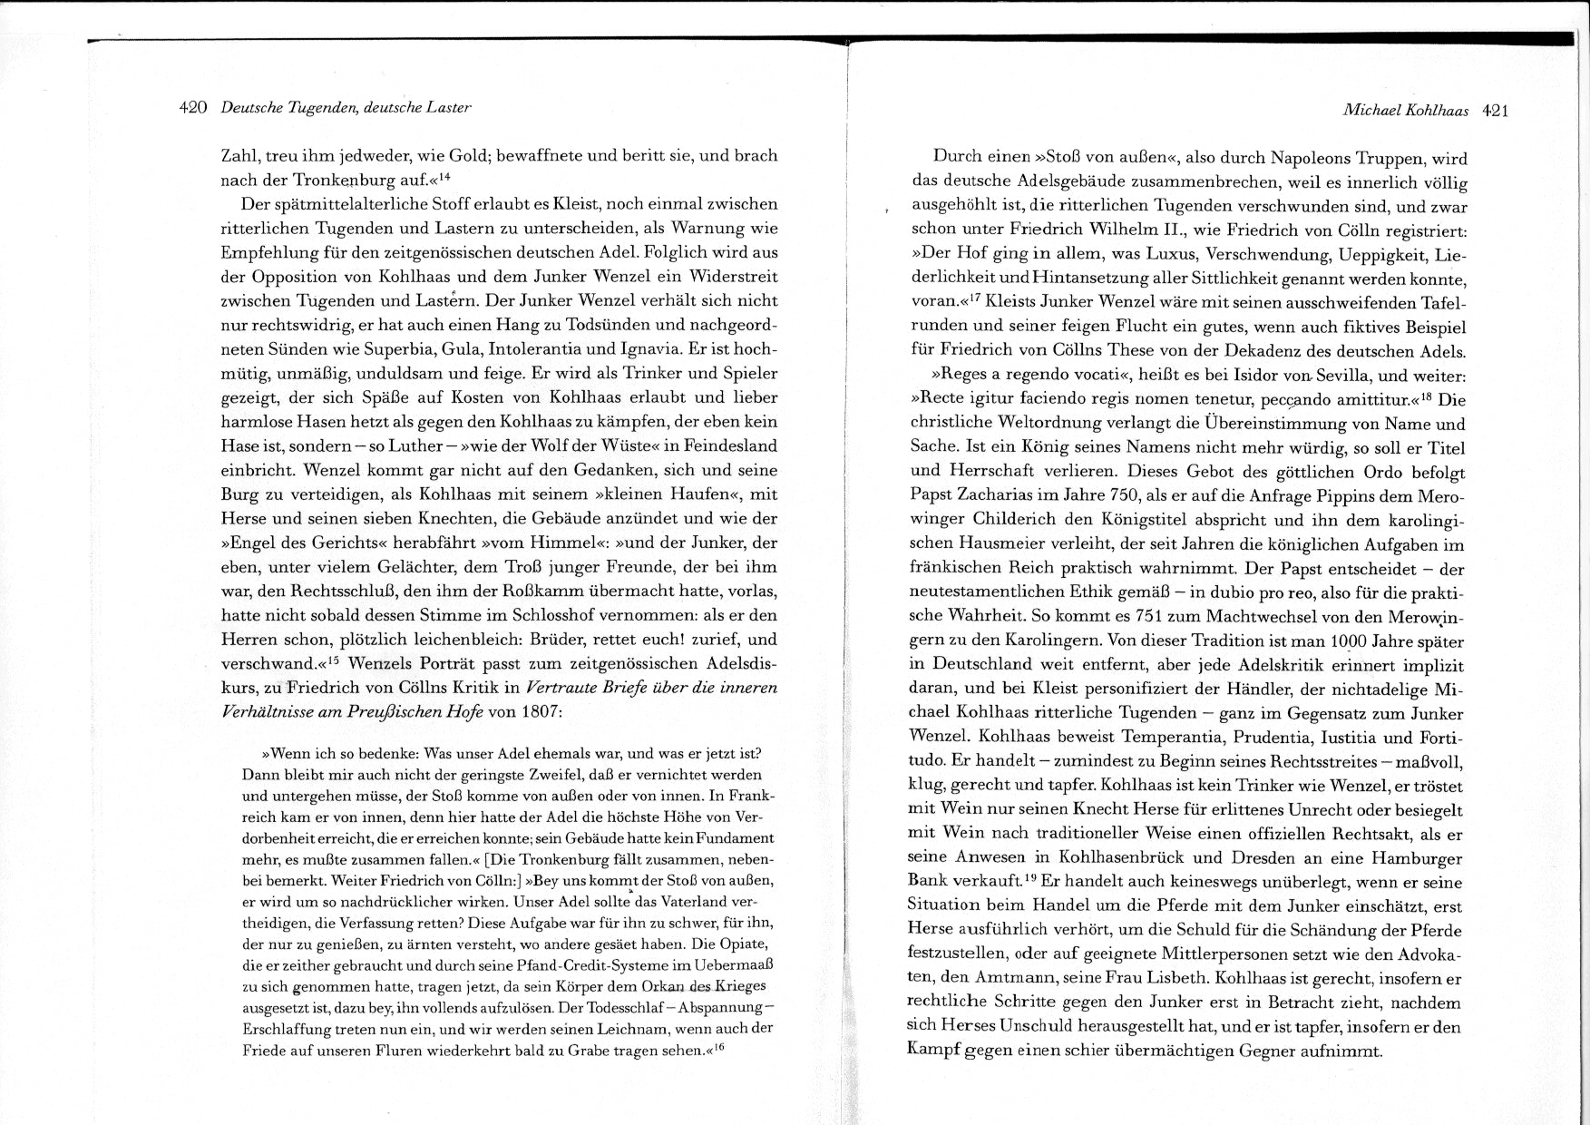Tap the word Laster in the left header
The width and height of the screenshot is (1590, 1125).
(x=449, y=108)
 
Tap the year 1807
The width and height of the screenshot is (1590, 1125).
(x=541, y=712)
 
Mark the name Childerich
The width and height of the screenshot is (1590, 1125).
(x=1017, y=521)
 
